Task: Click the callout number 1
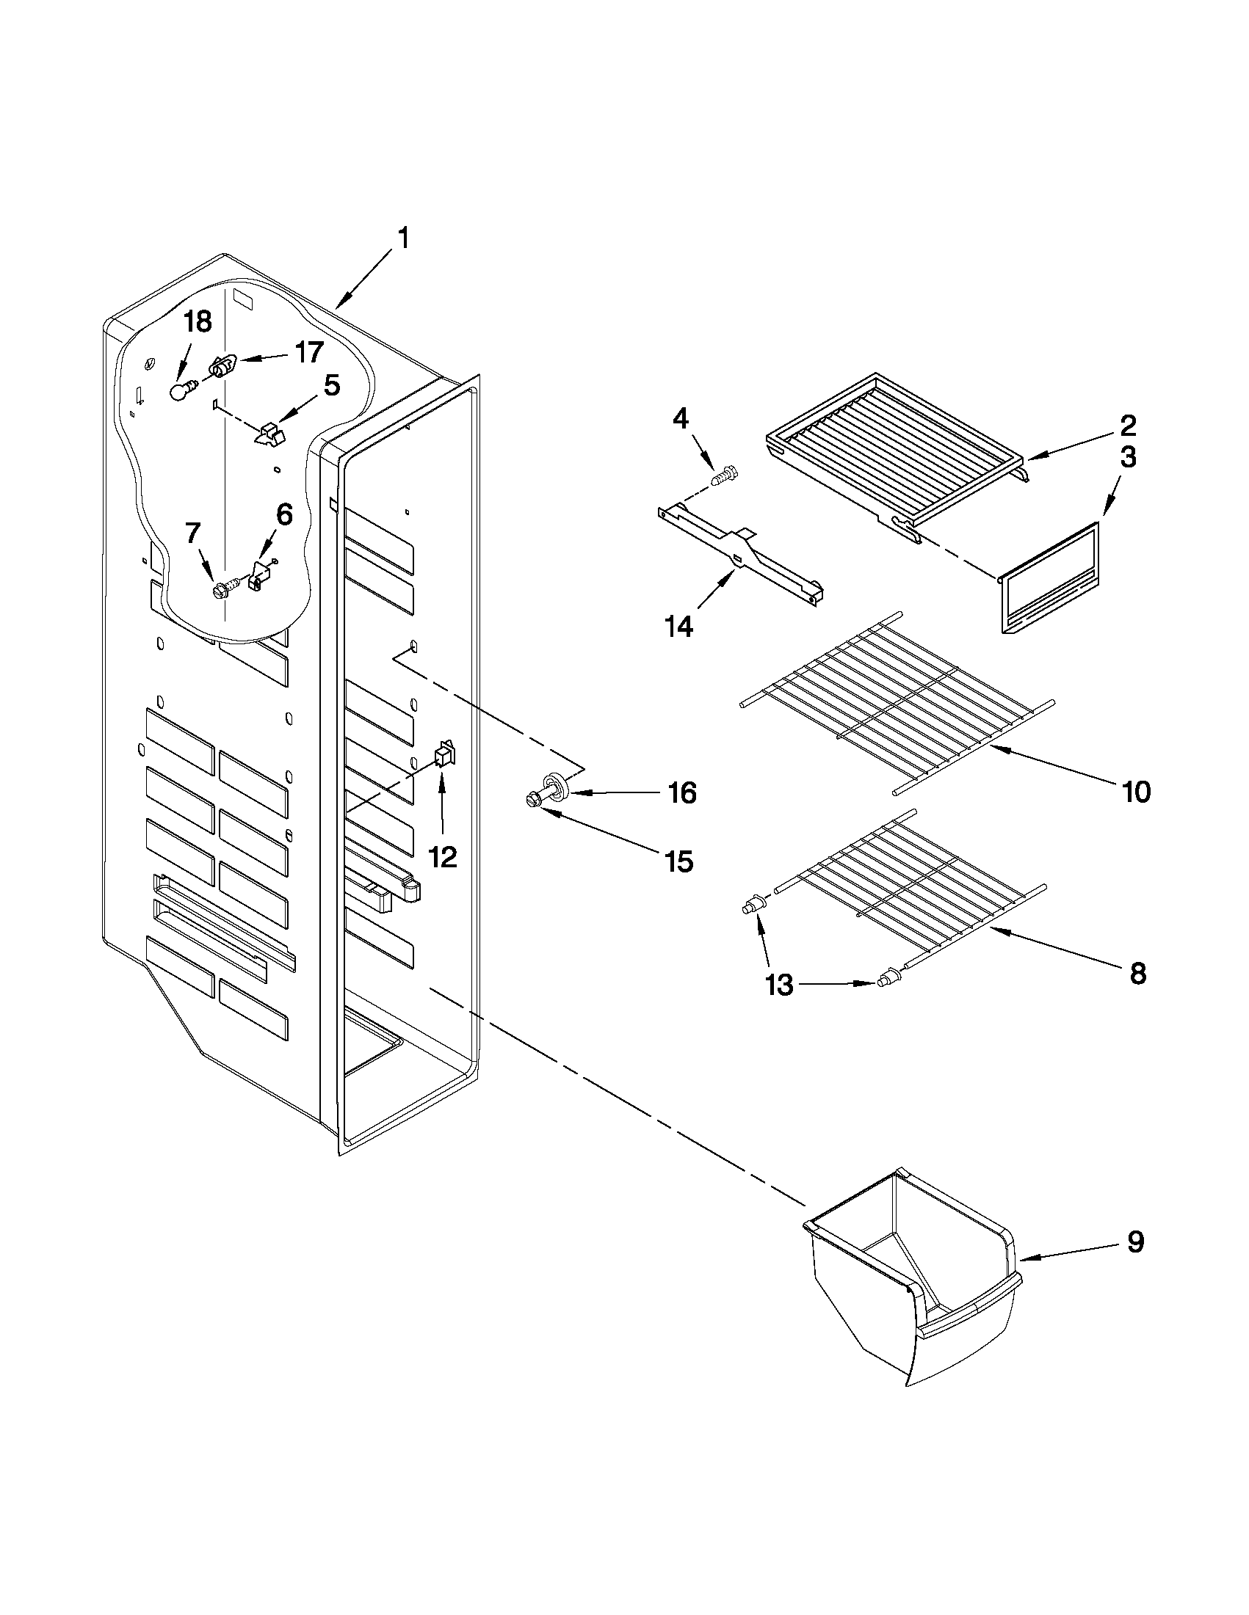pos(403,239)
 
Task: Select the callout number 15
pos(678,861)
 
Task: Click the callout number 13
pos(779,984)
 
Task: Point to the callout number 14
pos(678,627)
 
